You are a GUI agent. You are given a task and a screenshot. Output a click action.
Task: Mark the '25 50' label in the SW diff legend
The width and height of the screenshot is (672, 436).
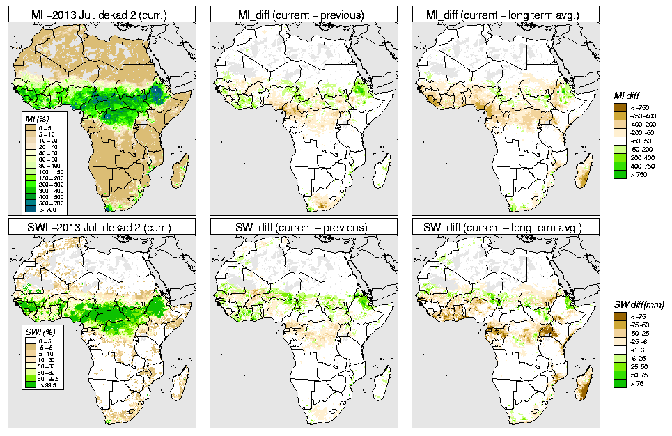[638, 366]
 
